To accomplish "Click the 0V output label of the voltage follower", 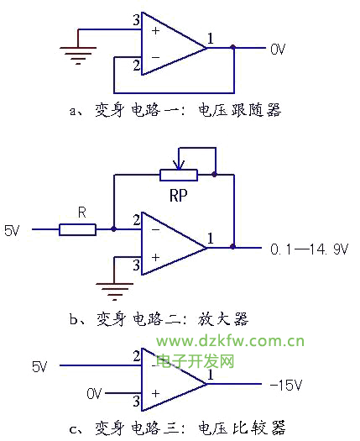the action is click(x=278, y=50).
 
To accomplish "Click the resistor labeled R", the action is click(x=77, y=229).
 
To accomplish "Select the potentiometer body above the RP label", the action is click(x=179, y=175).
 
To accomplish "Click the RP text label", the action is click(x=179, y=196).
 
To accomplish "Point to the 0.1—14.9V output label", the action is click(x=309, y=249).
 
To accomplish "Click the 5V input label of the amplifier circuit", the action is click(x=12, y=231).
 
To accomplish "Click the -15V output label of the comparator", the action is click(x=286, y=385).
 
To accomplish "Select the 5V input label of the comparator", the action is click(x=39, y=367).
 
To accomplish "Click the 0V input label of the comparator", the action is click(x=94, y=393).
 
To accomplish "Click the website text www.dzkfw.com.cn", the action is click(x=231, y=341).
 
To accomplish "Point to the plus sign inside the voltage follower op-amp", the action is click(x=156, y=30).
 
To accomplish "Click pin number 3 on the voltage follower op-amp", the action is click(x=136, y=20).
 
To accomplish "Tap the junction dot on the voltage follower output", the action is click(x=233, y=47).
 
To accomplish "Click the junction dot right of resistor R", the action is click(x=113, y=229).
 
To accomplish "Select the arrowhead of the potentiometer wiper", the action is click(x=179, y=165).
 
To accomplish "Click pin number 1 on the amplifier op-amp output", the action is click(x=211, y=239).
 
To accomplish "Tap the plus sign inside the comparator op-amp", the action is click(x=156, y=393).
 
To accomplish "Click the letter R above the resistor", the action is click(x=81, y=213).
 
